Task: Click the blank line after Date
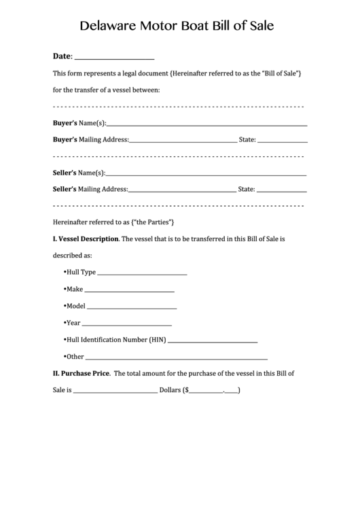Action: pyautogui.click(x=113, y=57)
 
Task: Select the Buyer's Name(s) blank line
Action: pyautogui.click(x=206, y=124)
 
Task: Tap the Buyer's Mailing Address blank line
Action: pyautogui.click(x=183, y=141)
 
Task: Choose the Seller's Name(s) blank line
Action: pyautogui.click(x=206, y=174)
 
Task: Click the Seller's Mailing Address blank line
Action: pyautogui.click(x=183, y=191)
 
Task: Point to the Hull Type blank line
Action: pyautogui.click(x=143, y=273)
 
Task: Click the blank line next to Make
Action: pyautogui.click(x=130, y=290)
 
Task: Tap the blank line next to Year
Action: pyautogui.click(x=127, y=324)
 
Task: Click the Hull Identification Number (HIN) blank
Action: pyautogui.click(x=213, y=340)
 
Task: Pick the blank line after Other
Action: pyautogui.click(x=177, y=357)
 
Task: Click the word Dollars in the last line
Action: pyautogui.click(x=169, y=391)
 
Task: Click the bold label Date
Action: pyautogui.click(x=62, y=56)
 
